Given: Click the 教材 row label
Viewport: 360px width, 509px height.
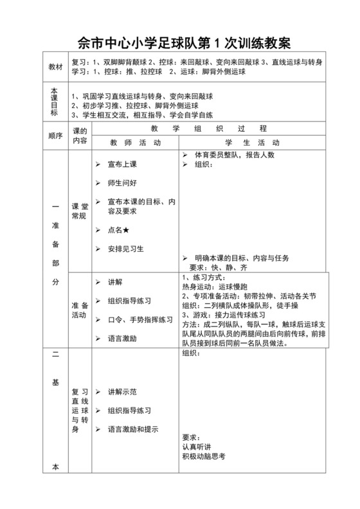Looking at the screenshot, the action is point(56,67).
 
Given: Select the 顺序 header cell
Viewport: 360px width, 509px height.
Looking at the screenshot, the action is point(55,136).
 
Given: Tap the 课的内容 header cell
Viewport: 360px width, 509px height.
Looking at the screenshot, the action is point(80,136).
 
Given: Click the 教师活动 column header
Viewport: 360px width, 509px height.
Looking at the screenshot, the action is point(135,142).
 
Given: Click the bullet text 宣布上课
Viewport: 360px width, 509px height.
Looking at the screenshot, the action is point(122,164).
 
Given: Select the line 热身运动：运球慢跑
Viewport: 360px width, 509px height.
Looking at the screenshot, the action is point(212,287).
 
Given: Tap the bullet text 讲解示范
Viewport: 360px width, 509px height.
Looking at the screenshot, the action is point(122,391).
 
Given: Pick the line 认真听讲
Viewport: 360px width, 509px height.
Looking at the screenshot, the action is point(196,446).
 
